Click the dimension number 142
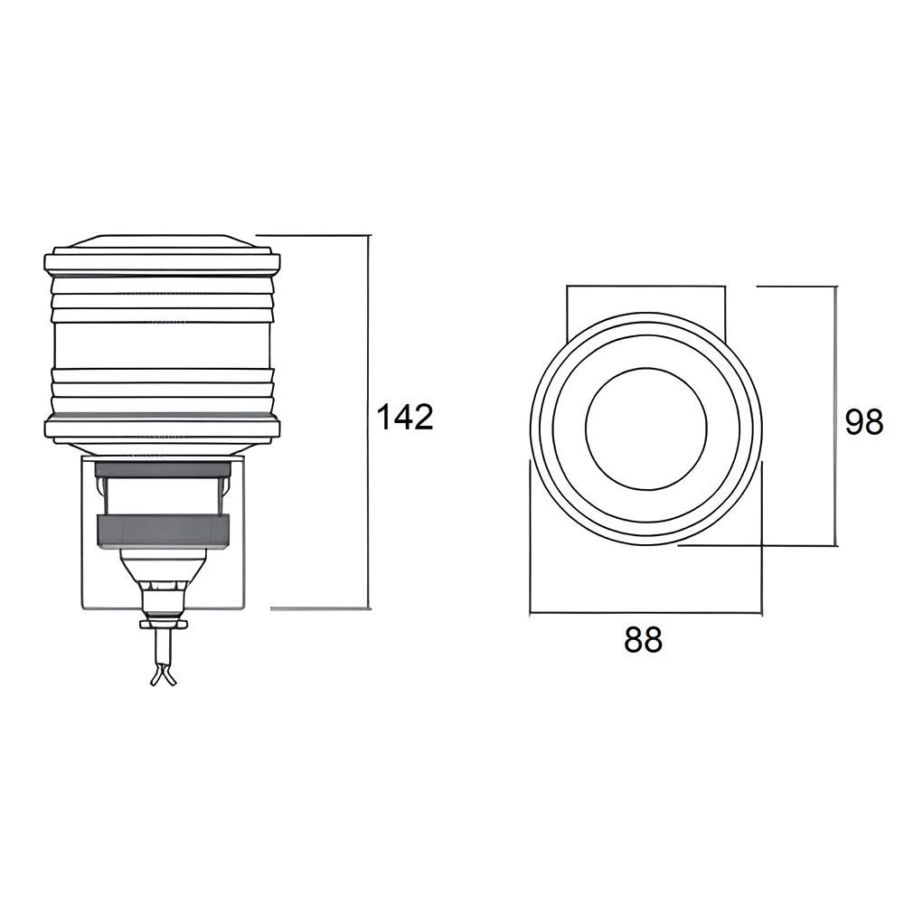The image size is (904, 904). (x=405, y=417)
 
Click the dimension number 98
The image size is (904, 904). (x=863, y=422)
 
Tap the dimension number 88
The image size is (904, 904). (x=643, y=639)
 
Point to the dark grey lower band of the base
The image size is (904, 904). (x=163, y=532)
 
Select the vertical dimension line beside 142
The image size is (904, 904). (x=368, y=421)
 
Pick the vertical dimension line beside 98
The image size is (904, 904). (x=835, y=416)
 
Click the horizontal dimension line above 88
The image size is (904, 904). (x=645, y=612)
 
